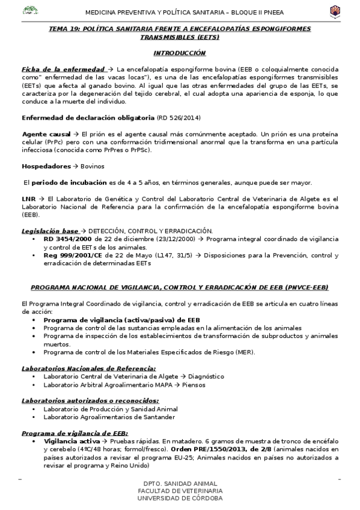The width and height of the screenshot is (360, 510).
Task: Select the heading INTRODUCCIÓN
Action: pyautogui.click(x=180, y=54)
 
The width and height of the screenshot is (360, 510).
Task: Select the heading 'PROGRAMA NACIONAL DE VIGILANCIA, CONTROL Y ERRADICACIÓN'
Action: pyautogui.click(x=180, y=287)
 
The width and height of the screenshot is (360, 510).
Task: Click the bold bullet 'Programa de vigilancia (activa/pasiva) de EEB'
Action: pyautogui.click(x=121, y=320)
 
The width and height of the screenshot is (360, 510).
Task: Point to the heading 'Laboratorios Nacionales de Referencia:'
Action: pyautogui.click(x=88, y=368)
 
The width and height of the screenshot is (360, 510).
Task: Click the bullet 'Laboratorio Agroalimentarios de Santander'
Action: pyautogui.click(x=109, y=417)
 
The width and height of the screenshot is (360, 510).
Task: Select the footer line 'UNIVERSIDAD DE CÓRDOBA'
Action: pyautogui.click(x=180, y=498)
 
